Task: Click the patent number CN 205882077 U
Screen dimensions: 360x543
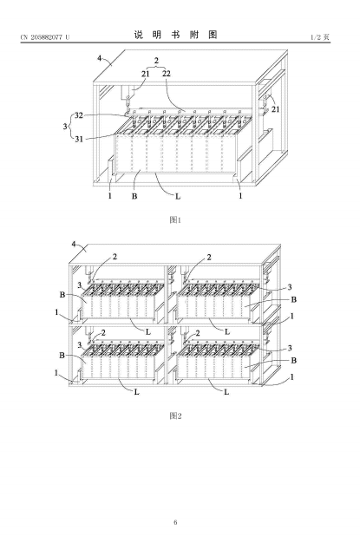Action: coord(45,37)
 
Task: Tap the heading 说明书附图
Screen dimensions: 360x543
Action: coord(176,35)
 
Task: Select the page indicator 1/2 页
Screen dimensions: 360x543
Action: coord(319,37)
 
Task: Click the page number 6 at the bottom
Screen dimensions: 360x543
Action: coord(175,522)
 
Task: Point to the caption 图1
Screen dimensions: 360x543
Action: coord(175,219)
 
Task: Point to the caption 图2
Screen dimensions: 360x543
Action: coord(175,415)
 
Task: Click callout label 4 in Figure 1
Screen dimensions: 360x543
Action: coord(100,58)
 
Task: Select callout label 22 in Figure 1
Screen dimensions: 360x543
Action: coord(167,74)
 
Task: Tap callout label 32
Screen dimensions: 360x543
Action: coord(79,115)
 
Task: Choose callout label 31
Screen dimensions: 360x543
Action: coord(79,139)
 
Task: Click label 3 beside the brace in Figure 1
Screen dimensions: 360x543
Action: coord(65,127)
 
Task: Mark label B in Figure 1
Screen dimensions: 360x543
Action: coord(134,196)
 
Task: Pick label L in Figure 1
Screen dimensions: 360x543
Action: coord(178,196)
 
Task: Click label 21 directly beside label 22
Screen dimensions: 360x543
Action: coord(145,74)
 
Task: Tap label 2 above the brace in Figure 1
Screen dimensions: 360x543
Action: coord(156,60)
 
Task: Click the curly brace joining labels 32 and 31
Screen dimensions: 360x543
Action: coord(71,127)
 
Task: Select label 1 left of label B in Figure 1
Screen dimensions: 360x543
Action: coord(110,196)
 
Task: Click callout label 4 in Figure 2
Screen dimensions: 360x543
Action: coord(74,244)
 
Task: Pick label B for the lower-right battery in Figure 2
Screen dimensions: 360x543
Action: coord(293,361)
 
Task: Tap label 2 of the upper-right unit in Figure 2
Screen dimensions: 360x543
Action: coord(209,258)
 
